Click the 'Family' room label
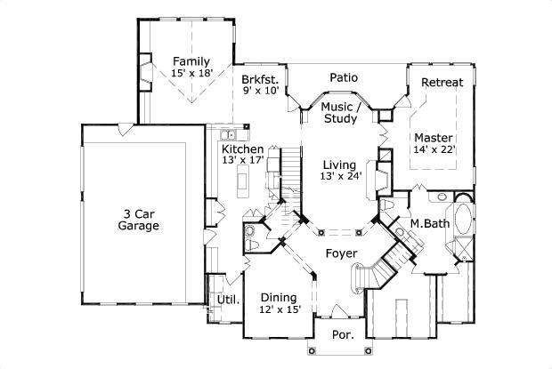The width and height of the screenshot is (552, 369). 191,61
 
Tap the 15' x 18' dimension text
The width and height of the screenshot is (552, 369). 191,74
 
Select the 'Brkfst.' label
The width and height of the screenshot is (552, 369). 261,78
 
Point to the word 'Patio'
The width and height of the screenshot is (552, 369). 344,78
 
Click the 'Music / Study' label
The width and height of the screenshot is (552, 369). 339,113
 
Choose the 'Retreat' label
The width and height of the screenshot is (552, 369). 442,83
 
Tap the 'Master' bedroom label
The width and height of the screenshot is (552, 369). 434,138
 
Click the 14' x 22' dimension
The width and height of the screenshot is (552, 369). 434,150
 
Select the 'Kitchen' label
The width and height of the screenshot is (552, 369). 242,148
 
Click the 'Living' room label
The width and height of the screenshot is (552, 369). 339,164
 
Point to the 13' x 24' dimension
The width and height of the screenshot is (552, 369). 339,177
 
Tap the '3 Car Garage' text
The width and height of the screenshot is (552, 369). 138,220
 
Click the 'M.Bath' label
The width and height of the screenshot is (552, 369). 428,222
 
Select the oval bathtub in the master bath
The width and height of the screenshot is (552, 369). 464,219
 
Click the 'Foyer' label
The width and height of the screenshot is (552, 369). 341,254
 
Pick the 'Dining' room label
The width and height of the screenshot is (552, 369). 280,297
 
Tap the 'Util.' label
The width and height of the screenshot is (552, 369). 229,300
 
